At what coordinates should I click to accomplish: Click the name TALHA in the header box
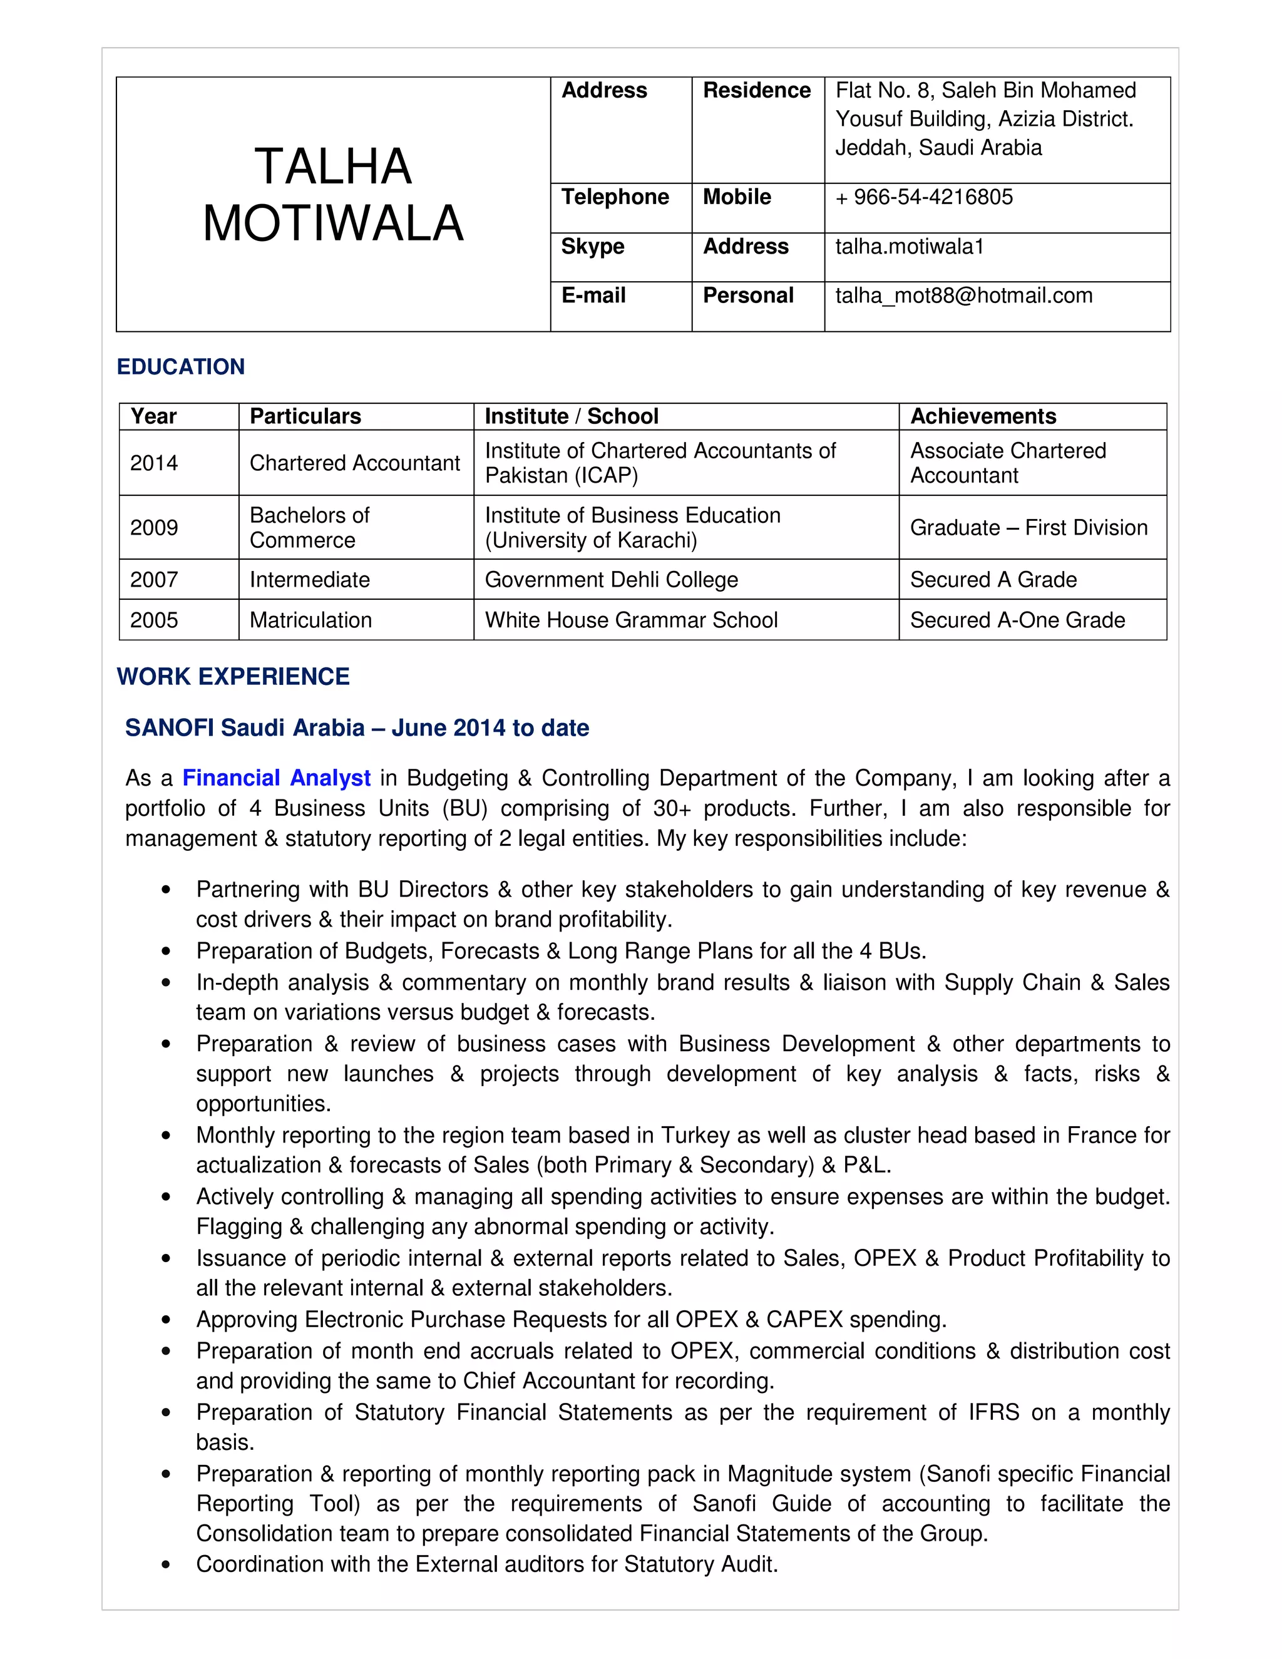coord(332,167)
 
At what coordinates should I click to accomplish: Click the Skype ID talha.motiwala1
coord(909,246)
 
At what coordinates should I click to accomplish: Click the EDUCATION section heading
coord(181,367)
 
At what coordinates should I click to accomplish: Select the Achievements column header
coord(983,416)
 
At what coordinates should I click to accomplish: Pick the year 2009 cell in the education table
coord(154,527)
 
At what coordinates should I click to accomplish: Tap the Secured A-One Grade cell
coord(1017,620)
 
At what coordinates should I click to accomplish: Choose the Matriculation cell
coord(310,620)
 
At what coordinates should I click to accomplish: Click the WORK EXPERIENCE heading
coord(233,676)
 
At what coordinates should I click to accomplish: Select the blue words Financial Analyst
coord(277,778)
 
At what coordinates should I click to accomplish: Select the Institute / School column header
coord(571,416)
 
